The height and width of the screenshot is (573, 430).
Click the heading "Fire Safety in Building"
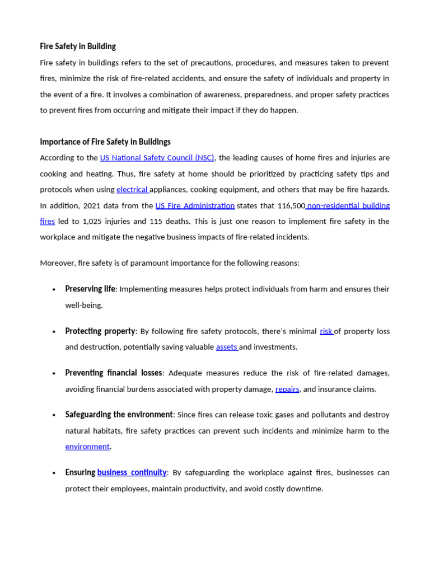click(x=78, y=46)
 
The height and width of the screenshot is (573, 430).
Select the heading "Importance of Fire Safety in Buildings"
click(x=105, y=142)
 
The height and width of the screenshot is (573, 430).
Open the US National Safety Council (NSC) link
click(x=157, y=158)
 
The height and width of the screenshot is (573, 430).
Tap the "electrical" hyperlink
click(x=132, y=190)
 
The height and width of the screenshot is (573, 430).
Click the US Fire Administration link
click(x=195, y=205)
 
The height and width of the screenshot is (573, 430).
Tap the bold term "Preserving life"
click(x=90, y=289)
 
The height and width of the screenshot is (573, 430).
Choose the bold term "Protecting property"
click(x=100, y=331)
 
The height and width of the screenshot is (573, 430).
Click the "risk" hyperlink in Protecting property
click(x=326, y=331)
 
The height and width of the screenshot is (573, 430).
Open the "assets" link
click(x=227, y=347)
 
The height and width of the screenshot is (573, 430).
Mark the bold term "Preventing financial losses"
click(x=114, y=373)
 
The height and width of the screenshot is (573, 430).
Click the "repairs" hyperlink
click(x=287, y=389)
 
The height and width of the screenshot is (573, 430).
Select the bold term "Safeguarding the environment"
click(x=119, y=415)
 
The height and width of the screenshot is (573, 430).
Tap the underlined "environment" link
click(x=87, y=447)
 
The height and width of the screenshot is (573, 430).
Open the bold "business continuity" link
click(x=132, y=472)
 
